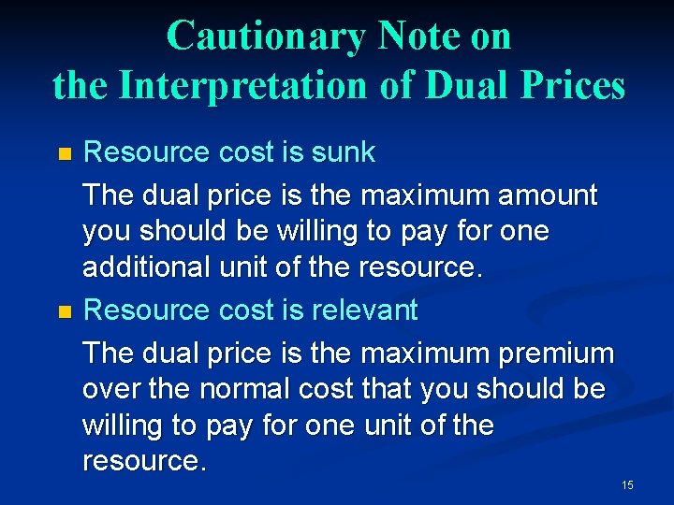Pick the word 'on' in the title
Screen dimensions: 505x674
pos(491,36)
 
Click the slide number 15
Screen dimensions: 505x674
pos(627,484)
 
